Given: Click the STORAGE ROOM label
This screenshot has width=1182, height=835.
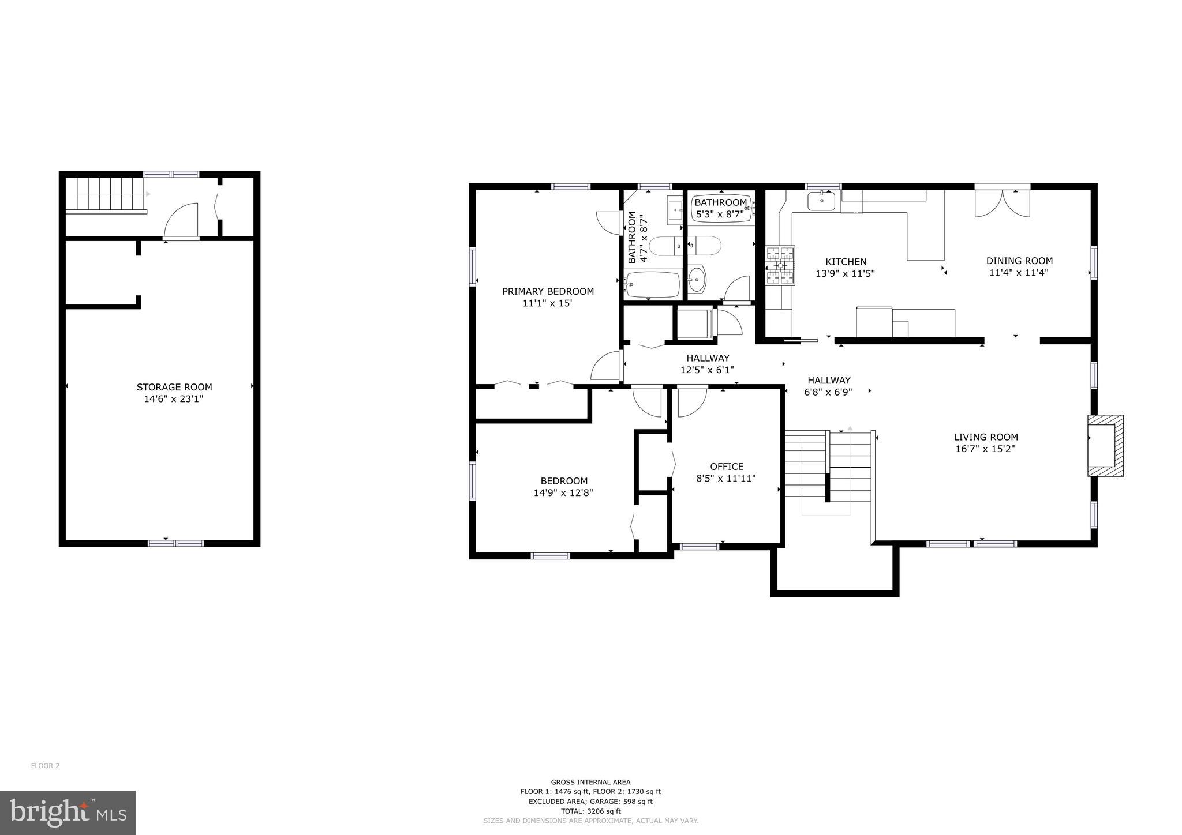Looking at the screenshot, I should tap(174, 387).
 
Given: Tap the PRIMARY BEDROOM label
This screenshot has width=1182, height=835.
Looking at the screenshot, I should tap(548, 291).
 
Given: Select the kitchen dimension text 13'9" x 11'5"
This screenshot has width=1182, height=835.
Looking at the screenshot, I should tap(845, 274).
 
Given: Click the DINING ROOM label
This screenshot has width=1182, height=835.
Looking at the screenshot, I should tap(1019, 261).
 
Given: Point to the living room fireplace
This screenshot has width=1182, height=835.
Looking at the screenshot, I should tap(1104, 445).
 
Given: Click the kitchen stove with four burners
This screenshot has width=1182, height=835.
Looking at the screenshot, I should tap(780, 265).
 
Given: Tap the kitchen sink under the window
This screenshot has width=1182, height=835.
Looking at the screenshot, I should tap(821, 201).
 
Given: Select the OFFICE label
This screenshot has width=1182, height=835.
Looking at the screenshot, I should tap(727, 467).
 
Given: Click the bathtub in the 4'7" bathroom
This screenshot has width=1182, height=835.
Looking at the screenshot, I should tap(652, 284).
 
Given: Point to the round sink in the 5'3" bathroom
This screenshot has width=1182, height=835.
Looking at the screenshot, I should tap(697, 281).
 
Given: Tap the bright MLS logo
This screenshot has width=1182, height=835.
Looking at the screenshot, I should tap(68, 813).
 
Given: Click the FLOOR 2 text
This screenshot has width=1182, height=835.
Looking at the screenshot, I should tap(45, 766).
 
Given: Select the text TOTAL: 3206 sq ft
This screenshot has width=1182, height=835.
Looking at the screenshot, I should tap(590, 811).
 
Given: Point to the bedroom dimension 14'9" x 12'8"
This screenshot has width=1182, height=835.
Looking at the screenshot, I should tap(563, 493).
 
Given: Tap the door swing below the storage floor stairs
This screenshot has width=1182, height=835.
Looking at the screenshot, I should tap(181, 221).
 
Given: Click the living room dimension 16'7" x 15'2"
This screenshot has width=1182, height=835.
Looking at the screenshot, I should tap(985, 449).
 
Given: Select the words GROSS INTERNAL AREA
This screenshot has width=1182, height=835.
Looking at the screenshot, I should tap(590, 782).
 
